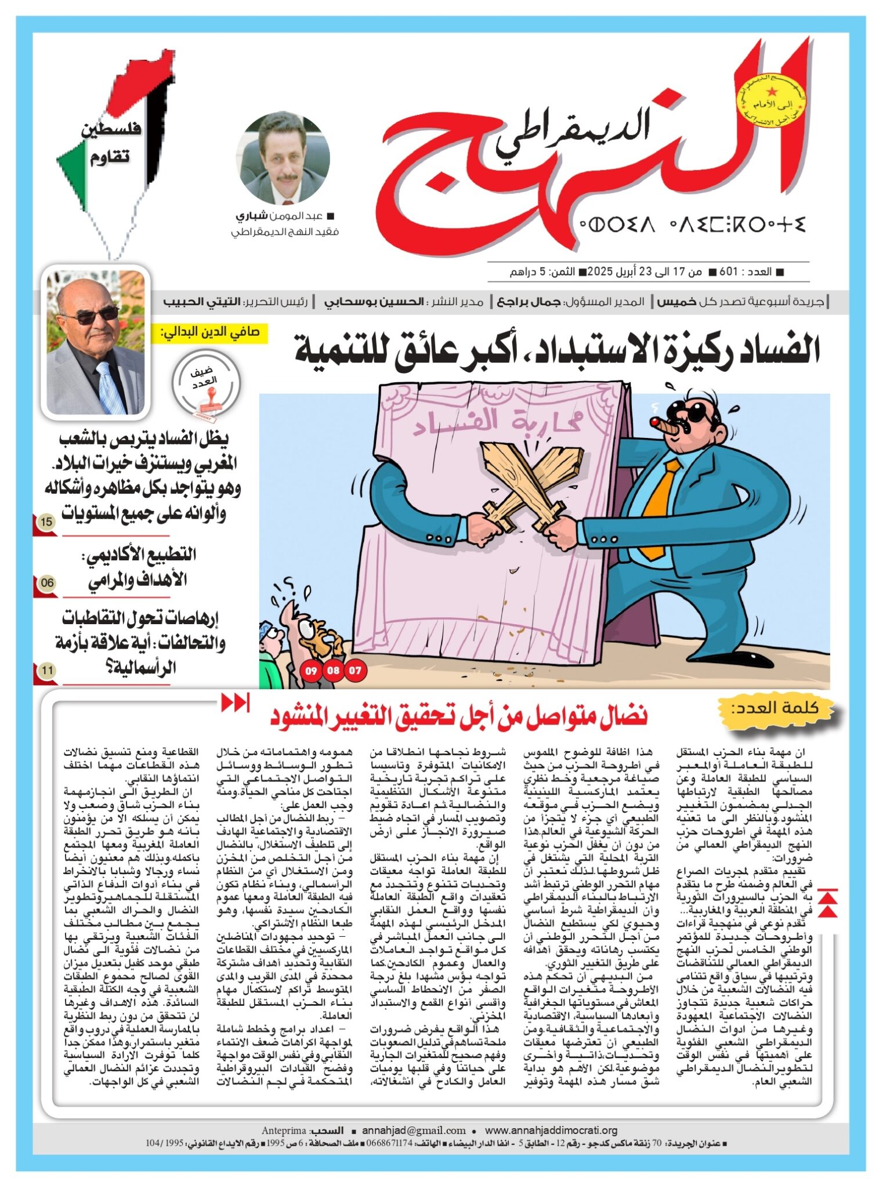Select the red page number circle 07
[x=355, y=671]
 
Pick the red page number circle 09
[x=312, y=671]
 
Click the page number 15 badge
[x=46, y=521]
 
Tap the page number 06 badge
[x=46, y=582]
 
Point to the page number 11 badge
[x=46, y=671]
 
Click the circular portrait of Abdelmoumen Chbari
[x=283, y=158]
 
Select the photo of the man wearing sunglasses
[x=96, y=342]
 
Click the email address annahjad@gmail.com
[x=414, y=1130]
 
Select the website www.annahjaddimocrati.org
[x=551, y=1130]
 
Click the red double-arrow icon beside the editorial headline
[x=235, y=702]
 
